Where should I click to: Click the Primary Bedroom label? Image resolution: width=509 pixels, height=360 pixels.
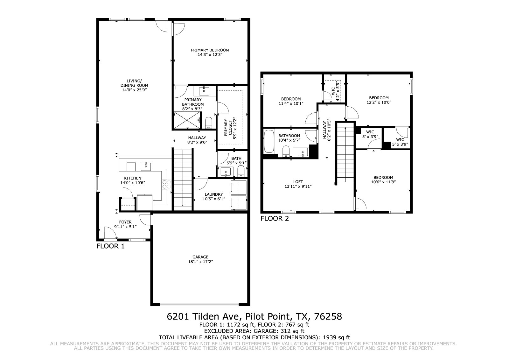click(x=210, y=50)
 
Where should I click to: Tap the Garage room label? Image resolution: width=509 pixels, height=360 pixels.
click(x=200, y=257)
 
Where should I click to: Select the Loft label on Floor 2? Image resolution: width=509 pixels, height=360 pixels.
click(x=298, y=182)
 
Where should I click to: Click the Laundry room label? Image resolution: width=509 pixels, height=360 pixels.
click(x=213, y=194)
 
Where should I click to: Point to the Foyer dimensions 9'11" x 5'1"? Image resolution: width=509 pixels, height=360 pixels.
click(x=125, y=227)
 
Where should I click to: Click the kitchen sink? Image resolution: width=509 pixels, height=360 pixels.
click(x=146, y=166)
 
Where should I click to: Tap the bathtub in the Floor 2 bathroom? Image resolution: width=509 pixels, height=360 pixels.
click(x=269, y=141)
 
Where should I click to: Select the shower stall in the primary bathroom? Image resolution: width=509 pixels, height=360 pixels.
click(x=187, y=120)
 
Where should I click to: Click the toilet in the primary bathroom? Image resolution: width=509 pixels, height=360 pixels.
click(x=209, y=123)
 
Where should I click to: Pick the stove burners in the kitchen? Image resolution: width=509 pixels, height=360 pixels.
click(x=166, y=184)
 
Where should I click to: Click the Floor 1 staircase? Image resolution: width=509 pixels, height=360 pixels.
click(x=183, y=180)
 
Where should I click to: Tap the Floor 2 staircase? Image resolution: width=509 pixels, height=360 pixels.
click(x=345, y=152)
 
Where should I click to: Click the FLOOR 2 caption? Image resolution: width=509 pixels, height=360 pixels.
click(x=275, y=219)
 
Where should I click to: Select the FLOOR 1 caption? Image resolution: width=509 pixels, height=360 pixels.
click(x=110, y=246)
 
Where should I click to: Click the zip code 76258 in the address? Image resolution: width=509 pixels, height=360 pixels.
click(x=328, y=317)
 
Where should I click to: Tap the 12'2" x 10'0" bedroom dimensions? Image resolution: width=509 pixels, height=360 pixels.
click(x=379, y=102)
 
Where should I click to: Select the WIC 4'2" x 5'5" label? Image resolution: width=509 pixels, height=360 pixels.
click(x=335, y=92)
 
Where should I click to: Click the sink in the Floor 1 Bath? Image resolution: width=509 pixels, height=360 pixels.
click(x=226, y=172)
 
